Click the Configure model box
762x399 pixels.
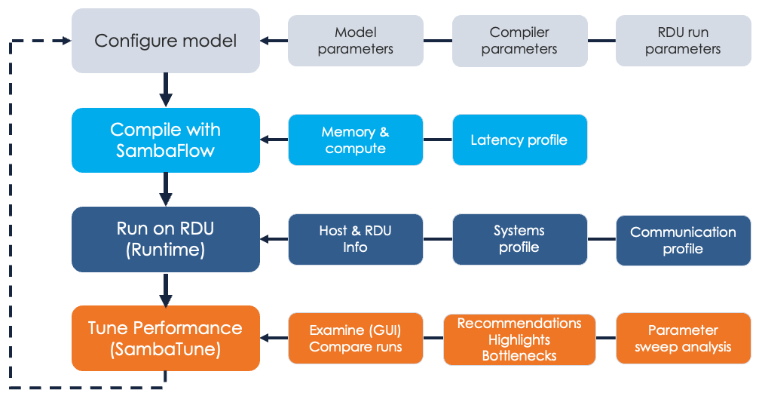click(x=165, y=41)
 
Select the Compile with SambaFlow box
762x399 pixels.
click(x=165, y=140)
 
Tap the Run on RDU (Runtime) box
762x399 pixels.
click(x=165, y=239)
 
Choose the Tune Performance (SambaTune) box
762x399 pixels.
click(x=165, y=338)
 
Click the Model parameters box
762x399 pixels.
click(x=355, y=41)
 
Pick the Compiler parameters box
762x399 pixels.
click(x=519, y=41)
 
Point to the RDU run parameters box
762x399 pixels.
click(x=683, y=41)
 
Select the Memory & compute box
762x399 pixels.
click(x=355, y=140)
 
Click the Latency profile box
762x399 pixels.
click(x=519, y=140)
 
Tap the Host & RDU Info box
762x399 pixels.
click(x=355, y=239)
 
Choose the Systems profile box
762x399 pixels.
click(x=519, y=239)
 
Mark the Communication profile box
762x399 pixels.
click(x=683, y=240)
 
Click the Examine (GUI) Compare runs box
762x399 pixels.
click(x=355, y=339)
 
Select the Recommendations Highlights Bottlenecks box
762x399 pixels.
click(x=519, y=339)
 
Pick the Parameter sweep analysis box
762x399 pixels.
click(x=683, y=339)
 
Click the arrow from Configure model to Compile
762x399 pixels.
click(x=166, y=90)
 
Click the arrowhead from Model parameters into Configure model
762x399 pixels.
click(x=267, y=41)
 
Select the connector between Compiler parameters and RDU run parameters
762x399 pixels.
click(x=601, y=41)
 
